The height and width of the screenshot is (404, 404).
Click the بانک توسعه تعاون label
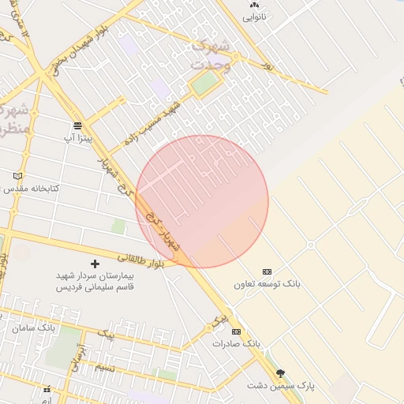267,282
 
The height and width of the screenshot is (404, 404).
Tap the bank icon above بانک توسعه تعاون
267,271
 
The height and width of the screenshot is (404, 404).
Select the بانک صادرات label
236,344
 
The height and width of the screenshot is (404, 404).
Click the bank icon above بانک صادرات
236,332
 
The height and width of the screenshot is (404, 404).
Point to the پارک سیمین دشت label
280,386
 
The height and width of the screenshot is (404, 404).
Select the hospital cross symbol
95,264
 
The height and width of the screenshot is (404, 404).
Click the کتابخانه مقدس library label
29,189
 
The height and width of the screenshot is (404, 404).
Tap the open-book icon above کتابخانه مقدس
19,176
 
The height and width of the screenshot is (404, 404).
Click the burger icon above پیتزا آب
77,125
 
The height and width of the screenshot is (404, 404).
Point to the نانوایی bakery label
254,16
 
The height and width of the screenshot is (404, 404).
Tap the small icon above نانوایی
254,5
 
